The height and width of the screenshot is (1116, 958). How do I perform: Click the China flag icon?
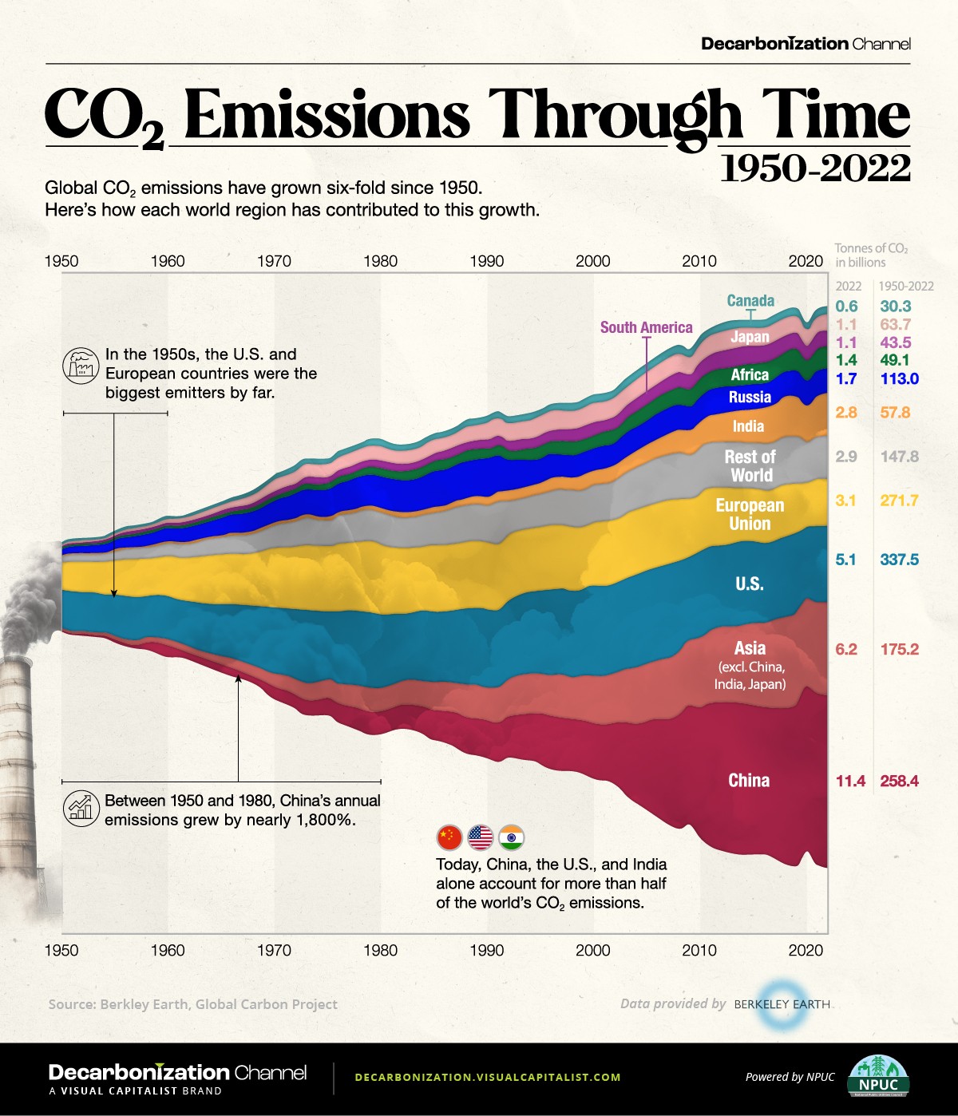point(449,837)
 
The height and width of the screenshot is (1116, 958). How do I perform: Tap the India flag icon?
point(511,837)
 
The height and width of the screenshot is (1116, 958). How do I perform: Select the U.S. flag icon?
point(481,837)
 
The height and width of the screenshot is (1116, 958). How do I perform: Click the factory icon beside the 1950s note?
point(79,365)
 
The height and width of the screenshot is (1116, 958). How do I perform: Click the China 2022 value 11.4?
point(850,781)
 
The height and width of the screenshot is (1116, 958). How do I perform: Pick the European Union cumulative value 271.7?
point(899,501)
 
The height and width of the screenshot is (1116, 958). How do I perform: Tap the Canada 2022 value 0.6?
point(846,306)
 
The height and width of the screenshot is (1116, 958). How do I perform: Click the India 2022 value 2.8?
point(846,413)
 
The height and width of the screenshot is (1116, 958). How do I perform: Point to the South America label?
point(646,327)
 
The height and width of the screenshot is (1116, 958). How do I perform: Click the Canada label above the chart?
point(750,301)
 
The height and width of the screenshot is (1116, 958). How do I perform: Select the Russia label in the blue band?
point(750,397)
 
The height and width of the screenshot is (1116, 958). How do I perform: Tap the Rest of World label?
point(750,465)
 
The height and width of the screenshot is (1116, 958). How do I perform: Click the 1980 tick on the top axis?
point(380,261)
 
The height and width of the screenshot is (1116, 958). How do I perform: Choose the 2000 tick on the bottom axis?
point(592,950)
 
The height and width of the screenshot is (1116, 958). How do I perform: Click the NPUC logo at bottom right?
point(878,1077)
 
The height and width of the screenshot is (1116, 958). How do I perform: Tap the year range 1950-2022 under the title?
point(814,168)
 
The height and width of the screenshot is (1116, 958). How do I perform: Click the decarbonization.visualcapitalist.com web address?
point(487,1077)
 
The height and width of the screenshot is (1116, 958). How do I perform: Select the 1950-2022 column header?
point(906,286)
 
